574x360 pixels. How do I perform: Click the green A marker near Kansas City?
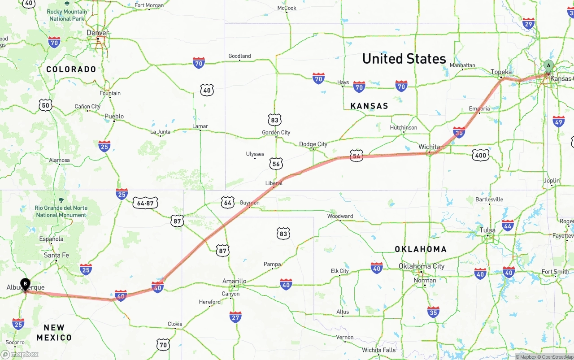point(548,66)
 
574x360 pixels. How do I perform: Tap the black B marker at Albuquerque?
point(26,284)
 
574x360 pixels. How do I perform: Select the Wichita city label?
point(429,147)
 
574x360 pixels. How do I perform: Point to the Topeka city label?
point(501,72)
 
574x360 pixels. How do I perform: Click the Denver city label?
point(97,33)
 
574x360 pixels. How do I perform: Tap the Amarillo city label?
point(234,281)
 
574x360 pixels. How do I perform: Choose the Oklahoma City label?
point(422,266)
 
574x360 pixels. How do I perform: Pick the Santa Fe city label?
point(57,255)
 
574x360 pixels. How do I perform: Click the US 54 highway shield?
point(357,156)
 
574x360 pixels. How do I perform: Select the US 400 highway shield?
point(480,155)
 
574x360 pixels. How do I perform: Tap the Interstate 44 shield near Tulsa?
point(508,225)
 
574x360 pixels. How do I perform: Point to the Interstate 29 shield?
point(528,24)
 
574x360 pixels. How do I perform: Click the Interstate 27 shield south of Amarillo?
point(235,317)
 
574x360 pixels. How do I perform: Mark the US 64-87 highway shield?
point(145,203)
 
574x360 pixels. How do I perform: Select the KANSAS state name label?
point(369,106)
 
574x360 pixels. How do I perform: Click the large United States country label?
point(404,59)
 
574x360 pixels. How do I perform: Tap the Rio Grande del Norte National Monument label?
point(61,211)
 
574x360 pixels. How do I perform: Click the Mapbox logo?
point(20,354)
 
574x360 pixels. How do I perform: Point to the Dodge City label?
point(313,144)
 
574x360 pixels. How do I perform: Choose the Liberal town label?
point(274,183)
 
